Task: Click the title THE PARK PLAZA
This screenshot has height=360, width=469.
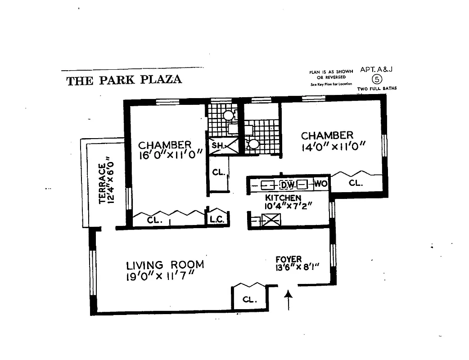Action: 124,80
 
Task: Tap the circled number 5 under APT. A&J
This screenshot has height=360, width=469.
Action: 376,80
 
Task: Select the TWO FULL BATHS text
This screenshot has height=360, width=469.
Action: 377,89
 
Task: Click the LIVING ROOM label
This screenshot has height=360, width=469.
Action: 165,265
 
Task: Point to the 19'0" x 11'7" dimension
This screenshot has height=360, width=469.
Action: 160,277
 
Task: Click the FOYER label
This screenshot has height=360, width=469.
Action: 289,260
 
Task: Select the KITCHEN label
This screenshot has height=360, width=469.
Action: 283,198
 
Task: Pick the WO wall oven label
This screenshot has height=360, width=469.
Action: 320,184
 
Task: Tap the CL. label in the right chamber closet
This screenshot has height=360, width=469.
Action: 356,184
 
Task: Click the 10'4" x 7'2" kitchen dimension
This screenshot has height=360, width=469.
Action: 288,207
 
